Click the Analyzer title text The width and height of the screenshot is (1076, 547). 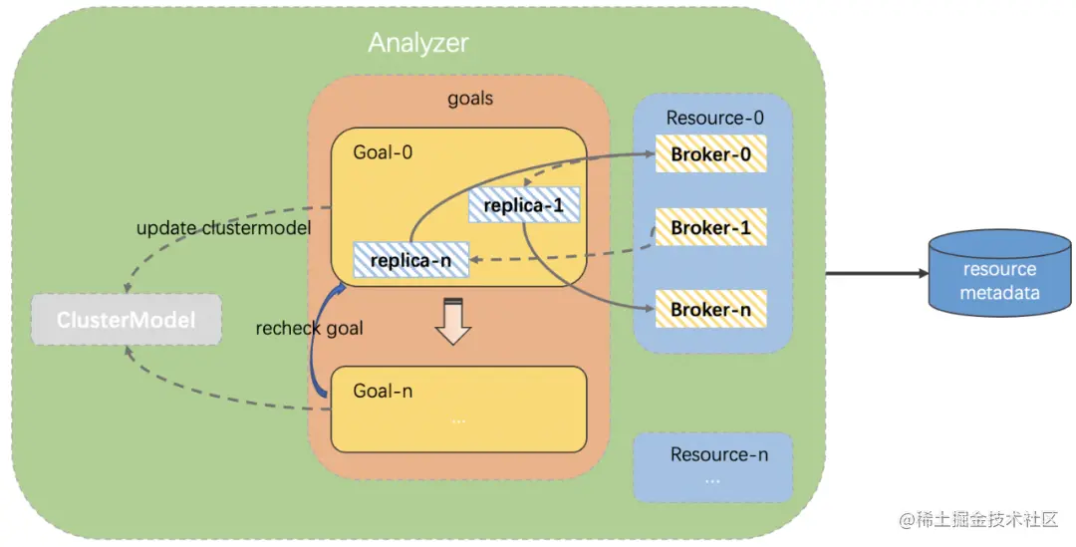(x=417, y=43)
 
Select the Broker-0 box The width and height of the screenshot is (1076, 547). (x=710, y=154)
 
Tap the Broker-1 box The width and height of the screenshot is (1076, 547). (x=710, y=228)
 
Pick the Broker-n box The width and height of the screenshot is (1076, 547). (x=710, y=310)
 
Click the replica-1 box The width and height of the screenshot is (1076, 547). (x=523, y=205)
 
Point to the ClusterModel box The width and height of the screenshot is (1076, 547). (x=126, y=320)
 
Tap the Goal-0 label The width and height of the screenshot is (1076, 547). (x=383, y=152)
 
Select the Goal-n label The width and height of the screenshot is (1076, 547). (x=383, y=391)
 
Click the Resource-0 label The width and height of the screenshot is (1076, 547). (x=714, y=118)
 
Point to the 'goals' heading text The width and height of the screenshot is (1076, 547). (x=469, y=100)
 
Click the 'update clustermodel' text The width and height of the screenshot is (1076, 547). (x=223, y=228)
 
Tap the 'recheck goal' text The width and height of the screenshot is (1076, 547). (x=309, y=328)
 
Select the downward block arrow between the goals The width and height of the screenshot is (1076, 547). (x=453, y=321)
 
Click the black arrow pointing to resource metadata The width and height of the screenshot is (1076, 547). (x=873, y=271)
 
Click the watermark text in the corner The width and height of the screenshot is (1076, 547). (x=977, y=520)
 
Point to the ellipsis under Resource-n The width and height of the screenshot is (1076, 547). (x=712, y=479)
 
